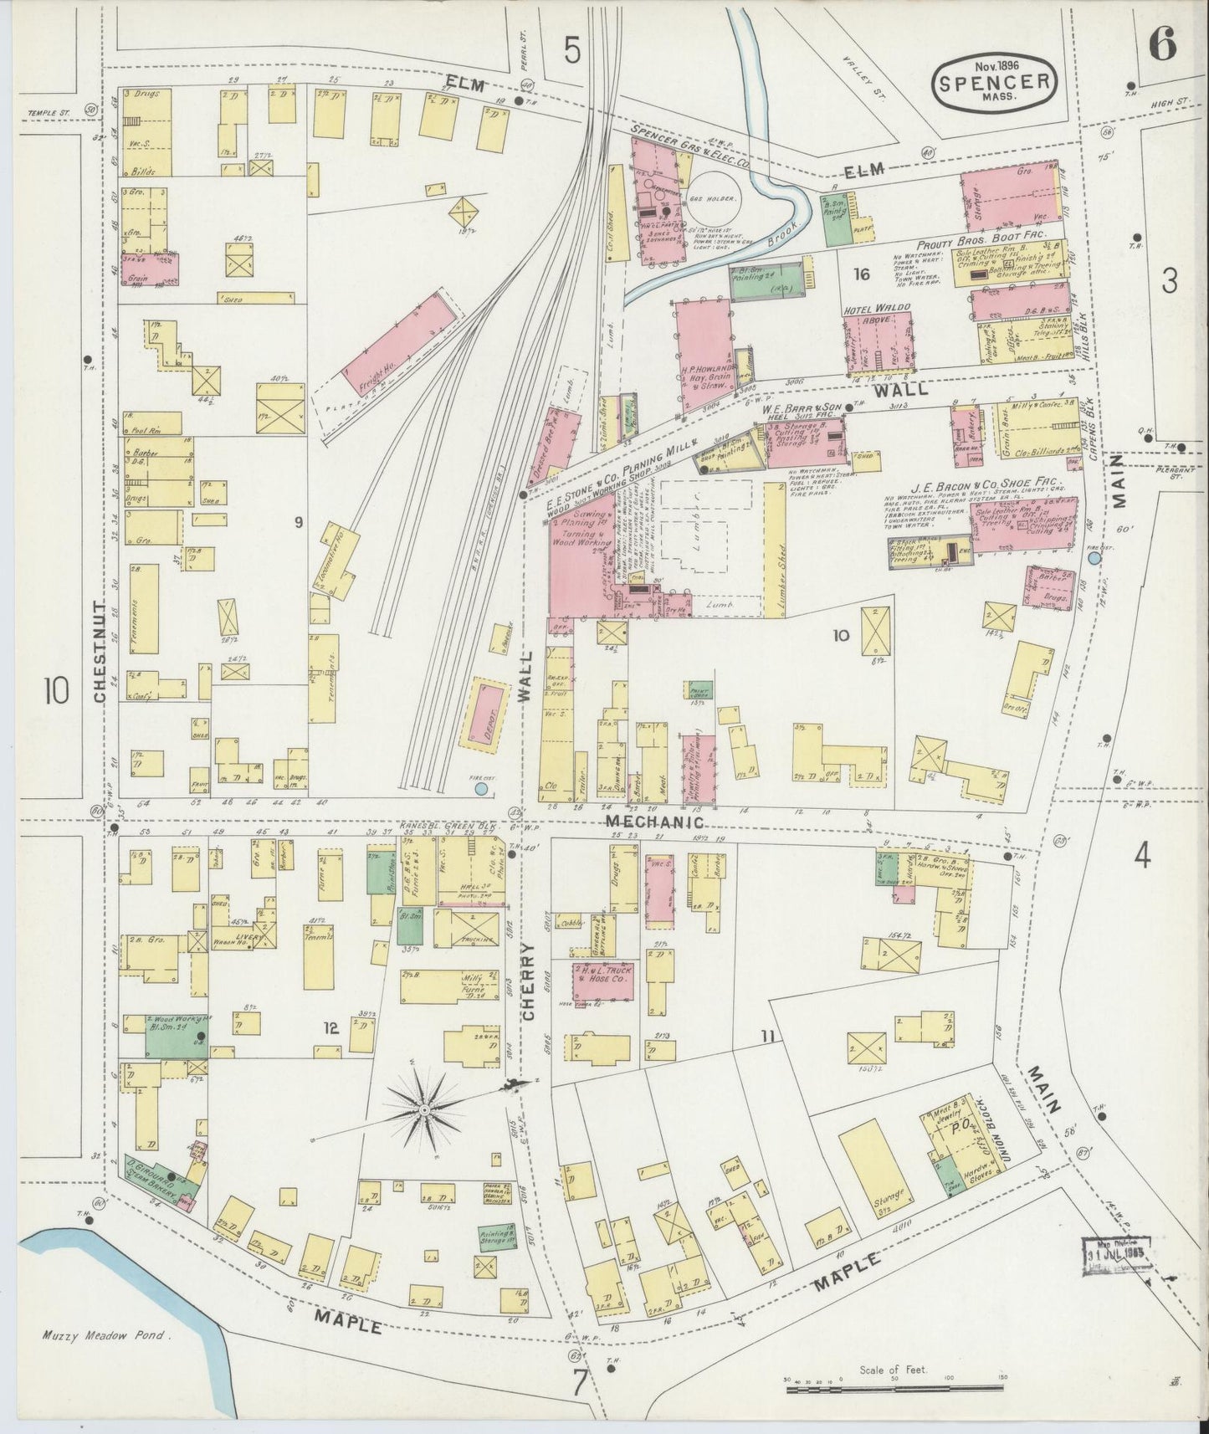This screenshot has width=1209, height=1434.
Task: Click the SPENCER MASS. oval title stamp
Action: [x=994, y=82]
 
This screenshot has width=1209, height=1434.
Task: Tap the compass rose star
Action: [x=424, y=1109]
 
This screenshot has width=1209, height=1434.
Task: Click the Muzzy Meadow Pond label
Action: [x=106, y=1336]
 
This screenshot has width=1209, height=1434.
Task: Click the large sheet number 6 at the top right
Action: [x=1163, y=44]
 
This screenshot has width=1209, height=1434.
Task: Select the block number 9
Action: [x=297, y=524]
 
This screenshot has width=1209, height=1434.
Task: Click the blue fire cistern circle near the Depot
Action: [x=480, y=788]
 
